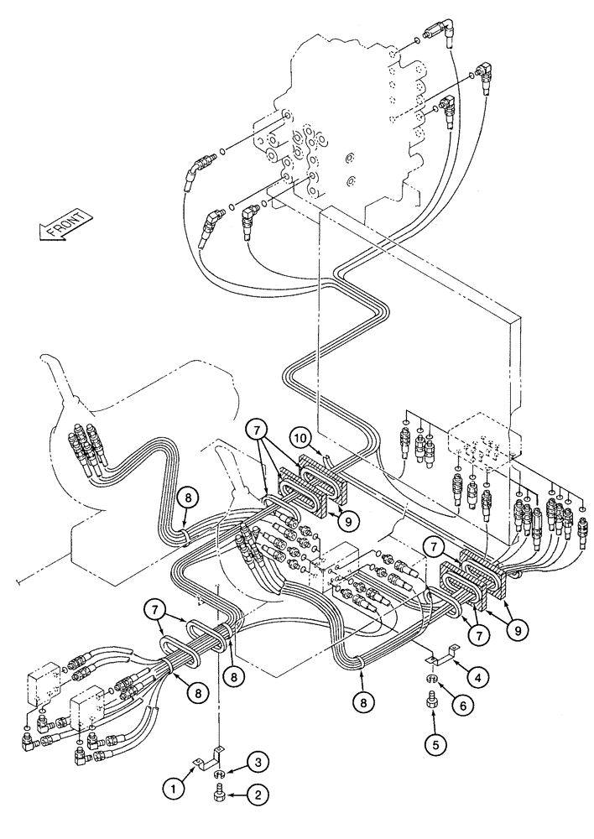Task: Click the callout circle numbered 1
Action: coord(173,787)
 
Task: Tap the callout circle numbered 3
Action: coord(258,761)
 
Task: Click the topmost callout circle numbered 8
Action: coord(190,496)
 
